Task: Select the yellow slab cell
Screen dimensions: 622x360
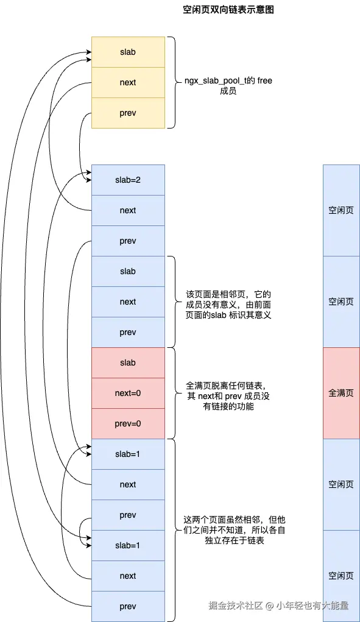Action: coord(128,52)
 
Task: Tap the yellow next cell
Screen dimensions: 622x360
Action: coord(128,82)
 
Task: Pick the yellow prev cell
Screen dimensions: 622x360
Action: coord(128,113)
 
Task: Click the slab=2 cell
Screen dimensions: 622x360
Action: coord(128,180)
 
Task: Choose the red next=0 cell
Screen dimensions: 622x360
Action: coord(128,393)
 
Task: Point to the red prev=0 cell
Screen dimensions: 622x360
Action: coord(128,423)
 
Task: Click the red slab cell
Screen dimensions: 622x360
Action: coord(128,362)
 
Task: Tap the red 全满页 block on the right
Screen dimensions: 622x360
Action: coord(341,393)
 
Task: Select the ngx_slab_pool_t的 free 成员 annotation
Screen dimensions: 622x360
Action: coord(228,86)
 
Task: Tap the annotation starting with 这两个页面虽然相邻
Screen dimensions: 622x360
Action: coord(234,529)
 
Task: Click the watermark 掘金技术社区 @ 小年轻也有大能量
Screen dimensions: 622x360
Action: coord(278,605)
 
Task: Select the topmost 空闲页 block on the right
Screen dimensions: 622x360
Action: coord(341,210)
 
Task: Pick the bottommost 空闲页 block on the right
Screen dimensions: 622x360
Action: coord(341,576)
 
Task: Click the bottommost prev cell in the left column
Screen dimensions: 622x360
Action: coord(128,606)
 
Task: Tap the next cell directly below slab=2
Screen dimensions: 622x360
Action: coord(128,210)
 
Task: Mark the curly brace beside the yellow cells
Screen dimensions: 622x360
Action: coord(172,82)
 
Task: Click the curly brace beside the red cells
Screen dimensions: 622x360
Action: coord(172,393)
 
